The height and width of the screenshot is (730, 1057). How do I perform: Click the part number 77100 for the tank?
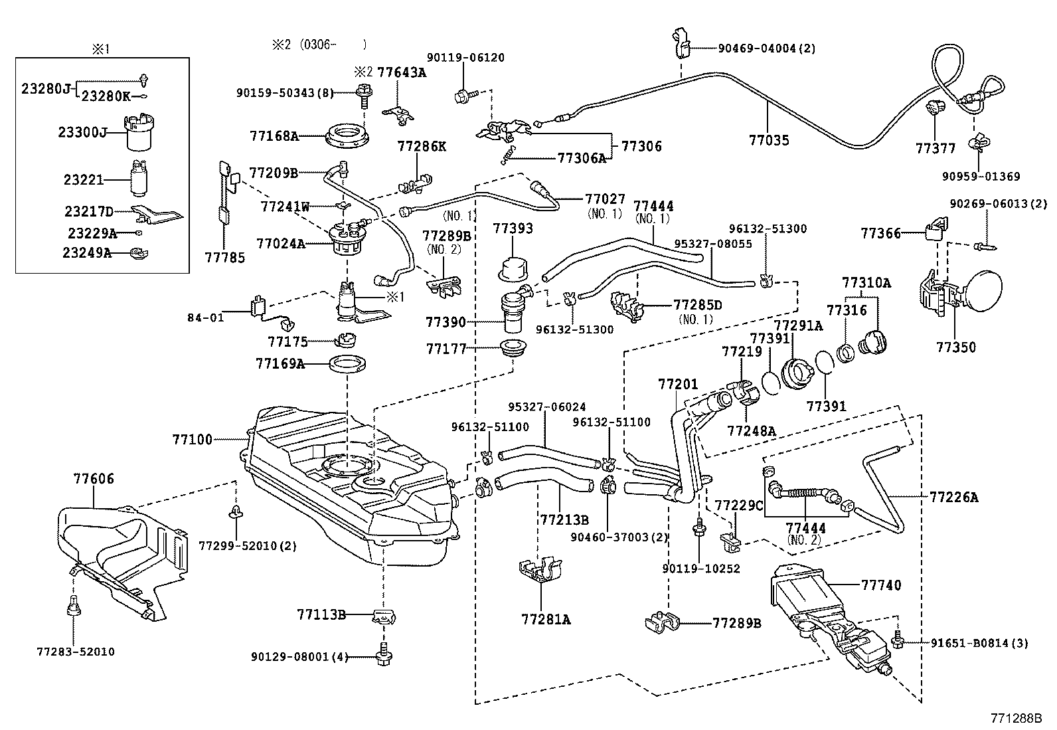pos(192,439)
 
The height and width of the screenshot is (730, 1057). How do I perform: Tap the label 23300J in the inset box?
pos(82,133)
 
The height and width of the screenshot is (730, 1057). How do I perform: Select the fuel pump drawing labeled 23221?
pos(139,179)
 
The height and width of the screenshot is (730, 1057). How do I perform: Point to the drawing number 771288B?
pos(1016,718)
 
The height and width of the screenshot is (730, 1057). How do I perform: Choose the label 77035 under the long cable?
pos(769,140)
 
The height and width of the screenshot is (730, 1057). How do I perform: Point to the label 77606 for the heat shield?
pos(94,478)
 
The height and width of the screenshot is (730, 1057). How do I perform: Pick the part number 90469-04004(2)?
pos(766,48)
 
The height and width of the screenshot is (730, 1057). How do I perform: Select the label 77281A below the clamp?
pos(546,620)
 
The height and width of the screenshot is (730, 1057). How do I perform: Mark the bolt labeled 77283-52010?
pos(74,606)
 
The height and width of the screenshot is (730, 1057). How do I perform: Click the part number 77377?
pos(935,149)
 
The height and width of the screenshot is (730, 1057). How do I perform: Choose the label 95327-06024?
pos(547,407)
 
